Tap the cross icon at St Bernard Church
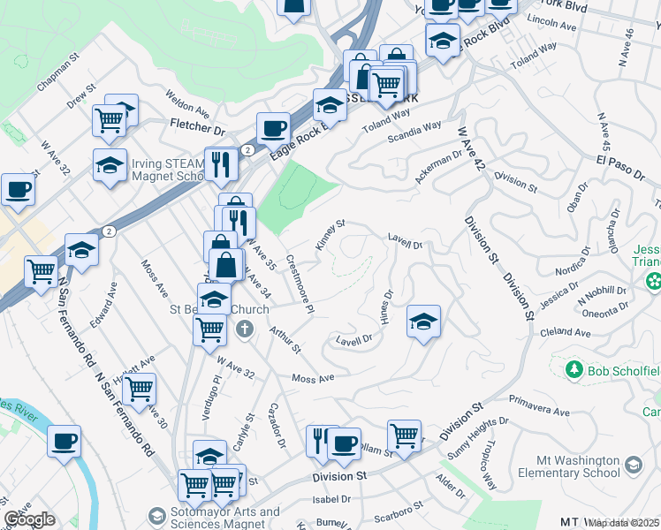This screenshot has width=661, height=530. [246, 330]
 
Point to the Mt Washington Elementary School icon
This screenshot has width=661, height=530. [634, 465]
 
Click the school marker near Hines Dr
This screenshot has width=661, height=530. [423, 322]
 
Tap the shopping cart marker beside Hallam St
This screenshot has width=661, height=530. [404, 435]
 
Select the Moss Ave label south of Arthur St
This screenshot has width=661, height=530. [314, 378]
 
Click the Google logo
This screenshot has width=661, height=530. [29, 519]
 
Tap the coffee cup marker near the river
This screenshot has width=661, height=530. [64, 443]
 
